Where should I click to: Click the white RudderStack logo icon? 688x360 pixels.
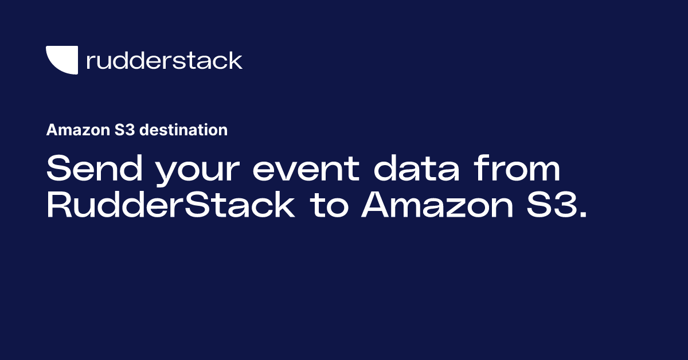click(62, 60)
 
